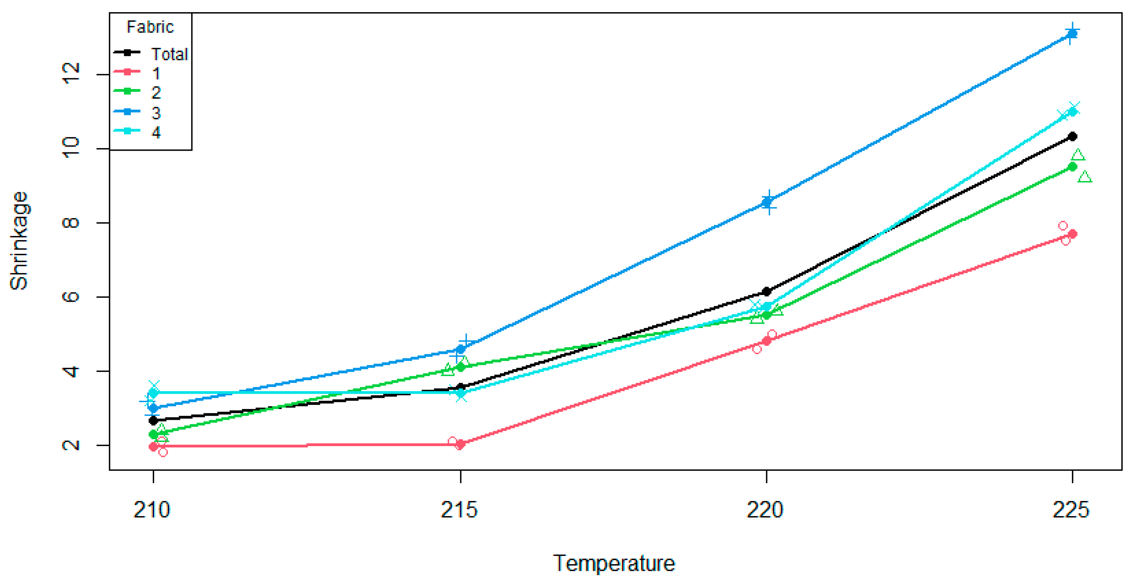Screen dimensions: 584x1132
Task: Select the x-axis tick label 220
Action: [x=765, y=510]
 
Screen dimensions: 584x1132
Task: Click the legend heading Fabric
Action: [x=150, y=27]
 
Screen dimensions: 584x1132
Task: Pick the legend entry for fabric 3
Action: [x=156, y=113]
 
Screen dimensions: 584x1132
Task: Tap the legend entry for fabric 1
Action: [x=156, y=73]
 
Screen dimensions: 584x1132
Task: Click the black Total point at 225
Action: [x=1073, y=136]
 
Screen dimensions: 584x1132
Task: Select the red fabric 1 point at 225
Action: [x=1073, y=234]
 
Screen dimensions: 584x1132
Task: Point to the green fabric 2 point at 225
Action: [x=1073, y=167]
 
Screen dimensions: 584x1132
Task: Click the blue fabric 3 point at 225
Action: [x=1073, y=34]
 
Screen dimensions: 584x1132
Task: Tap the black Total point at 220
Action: [x=767, y=291]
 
